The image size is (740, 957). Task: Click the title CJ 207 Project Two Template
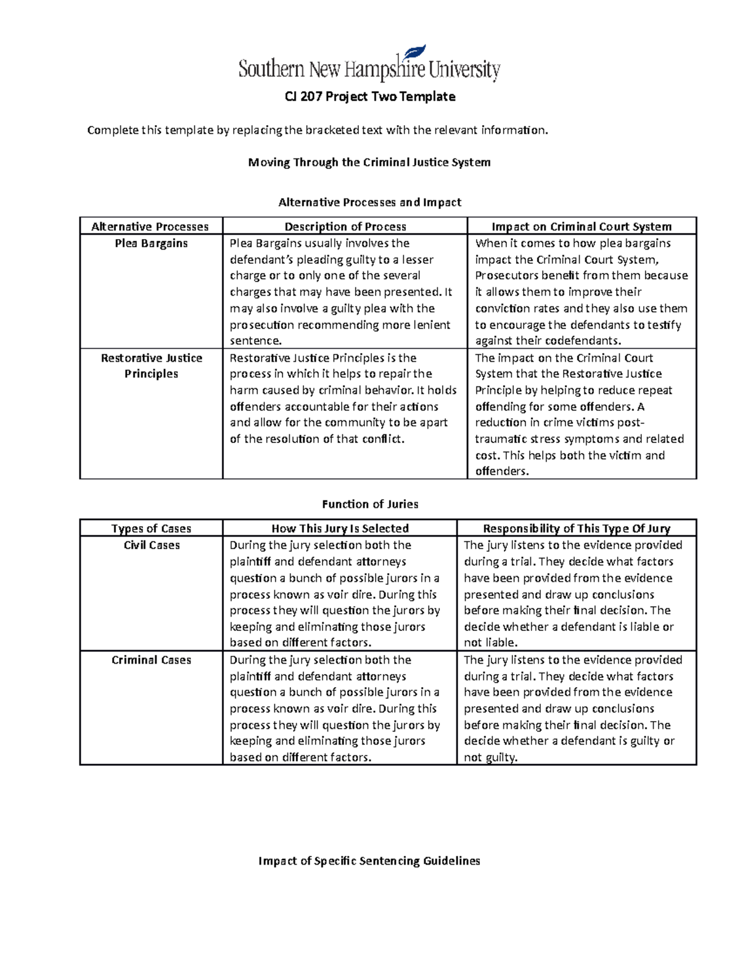[x=369, y=97]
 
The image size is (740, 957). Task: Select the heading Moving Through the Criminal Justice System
[x=369, y=163]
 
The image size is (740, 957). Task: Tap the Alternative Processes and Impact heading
[x=369, y=203]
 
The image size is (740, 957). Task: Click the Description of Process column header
[x=345, y=227]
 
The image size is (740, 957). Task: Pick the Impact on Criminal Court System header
[x=581, y=227]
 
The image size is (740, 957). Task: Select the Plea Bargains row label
[x=151, y=243]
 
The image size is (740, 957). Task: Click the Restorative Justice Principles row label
[x=151, y=366]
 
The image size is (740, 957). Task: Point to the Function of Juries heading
[x=370, y=504]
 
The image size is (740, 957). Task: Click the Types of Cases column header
[x=151, y=529]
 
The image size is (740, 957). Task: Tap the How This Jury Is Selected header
[x=340, y=529]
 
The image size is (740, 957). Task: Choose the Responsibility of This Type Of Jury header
[x=576, y=529]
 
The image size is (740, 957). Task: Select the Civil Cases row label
[x=151, y=545]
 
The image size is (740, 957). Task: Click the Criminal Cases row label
[x=151, y=660]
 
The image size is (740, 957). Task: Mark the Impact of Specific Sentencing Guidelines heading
[x=369, y=861]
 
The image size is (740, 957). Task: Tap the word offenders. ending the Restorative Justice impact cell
[x=502, y=472]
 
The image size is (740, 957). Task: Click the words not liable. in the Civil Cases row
[x=490, y=643]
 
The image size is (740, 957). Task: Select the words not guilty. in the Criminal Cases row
[x=490, y=758]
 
